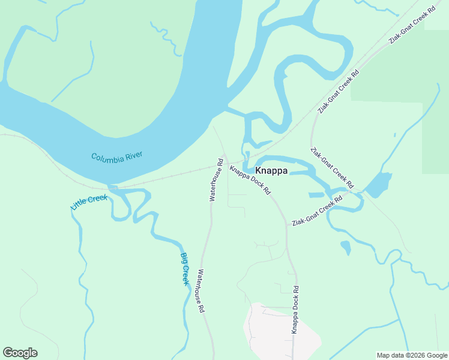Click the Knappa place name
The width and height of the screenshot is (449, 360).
pyautogui.click(x=272, y=171)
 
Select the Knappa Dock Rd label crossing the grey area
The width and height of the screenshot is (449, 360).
pyautogui.click(x=295, y=310)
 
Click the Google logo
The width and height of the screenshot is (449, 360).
pyautogui.click(x=20, y=353)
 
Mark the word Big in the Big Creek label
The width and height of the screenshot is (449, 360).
pyautogui.click(x=184, y=258)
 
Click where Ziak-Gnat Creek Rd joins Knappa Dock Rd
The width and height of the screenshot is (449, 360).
pyautogui.click(x=288, y=226)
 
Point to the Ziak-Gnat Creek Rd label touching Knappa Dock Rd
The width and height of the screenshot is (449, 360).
pyautogui.click(x=313, y=214)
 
